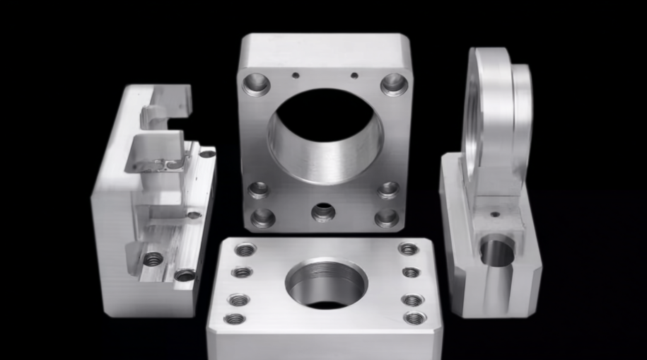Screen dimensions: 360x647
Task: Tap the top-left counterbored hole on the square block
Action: [x=256, y=84]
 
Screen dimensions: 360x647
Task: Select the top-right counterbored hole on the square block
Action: [x=394, y=84]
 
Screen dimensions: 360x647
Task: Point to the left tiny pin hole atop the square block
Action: [x=296, y=73]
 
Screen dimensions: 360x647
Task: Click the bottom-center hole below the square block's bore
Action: [x=324, y=211]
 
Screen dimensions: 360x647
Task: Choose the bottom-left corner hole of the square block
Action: [x=262, y=217]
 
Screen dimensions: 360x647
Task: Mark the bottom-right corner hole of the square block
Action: [x=387, y=217]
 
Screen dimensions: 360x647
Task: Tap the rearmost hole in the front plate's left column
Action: [x=245, y=250]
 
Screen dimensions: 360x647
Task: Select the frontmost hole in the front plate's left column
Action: [x=235, y=318]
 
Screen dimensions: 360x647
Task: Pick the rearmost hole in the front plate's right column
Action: [x=408, y=249]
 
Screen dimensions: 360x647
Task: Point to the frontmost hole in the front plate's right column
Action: [x=415, y=318]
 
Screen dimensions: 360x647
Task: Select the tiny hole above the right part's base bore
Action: [x=495, y=214]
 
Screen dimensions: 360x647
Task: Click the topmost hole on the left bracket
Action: [x=207, y=153]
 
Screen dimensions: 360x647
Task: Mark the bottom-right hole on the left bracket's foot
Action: [x=185, y=274]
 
